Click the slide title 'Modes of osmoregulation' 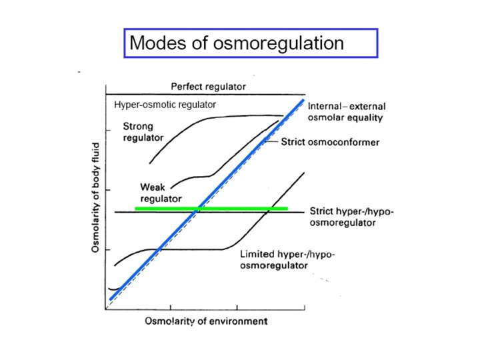237,44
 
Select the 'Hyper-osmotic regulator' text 165,105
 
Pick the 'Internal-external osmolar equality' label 346,111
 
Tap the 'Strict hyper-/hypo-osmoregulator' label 352,217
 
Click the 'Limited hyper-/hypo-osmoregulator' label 287,260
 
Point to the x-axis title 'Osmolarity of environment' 206,321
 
